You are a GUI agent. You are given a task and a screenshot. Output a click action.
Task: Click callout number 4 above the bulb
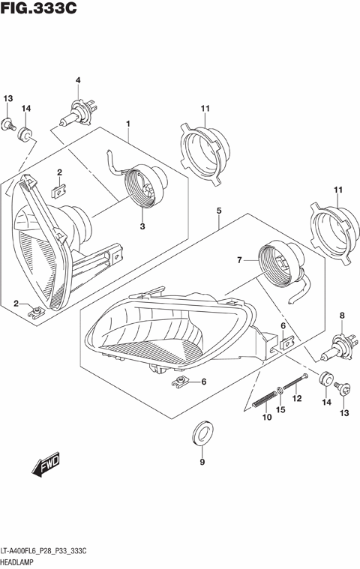pyautogui.click(x=77, y=80)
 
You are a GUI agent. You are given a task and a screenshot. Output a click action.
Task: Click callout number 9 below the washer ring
pyautogui.click(x=202, y=462)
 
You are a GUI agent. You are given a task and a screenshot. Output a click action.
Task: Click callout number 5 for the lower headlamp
pyautogui.click(x=218, y=212)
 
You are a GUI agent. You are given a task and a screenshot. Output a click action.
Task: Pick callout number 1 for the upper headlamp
pyautogui.click(x=128, y=123)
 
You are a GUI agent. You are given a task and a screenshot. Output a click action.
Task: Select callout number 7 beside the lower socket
pyautogui.click(x=240, y=260)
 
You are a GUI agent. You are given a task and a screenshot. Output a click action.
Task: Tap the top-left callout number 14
pyautogui.click(x=25, y=109)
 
